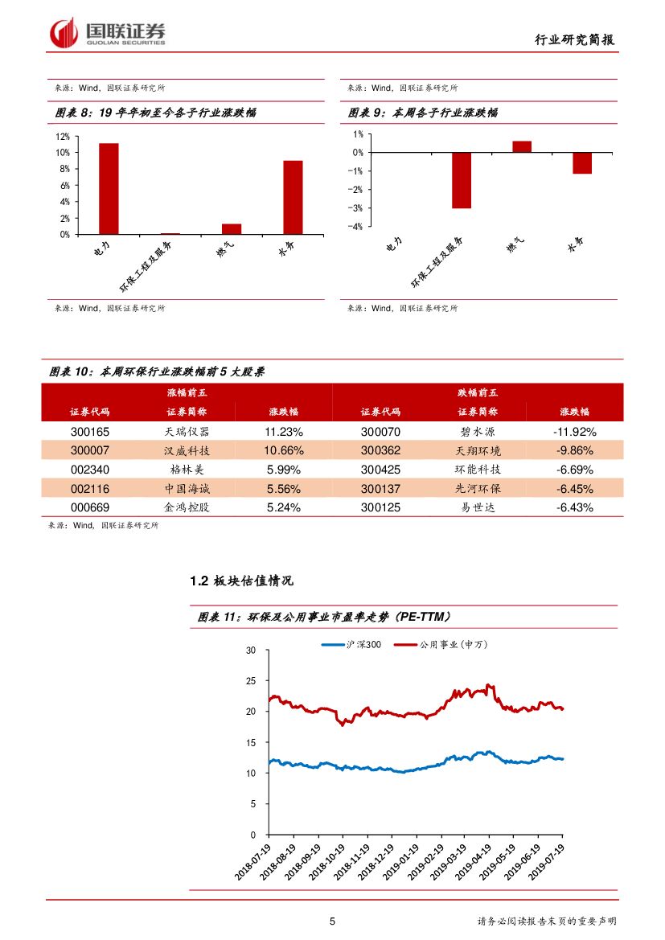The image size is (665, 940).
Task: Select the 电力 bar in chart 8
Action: [x=109, y=189]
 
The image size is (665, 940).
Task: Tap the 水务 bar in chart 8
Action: [x=293, y=197]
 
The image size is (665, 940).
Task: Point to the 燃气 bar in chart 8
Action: [x=232, y=229]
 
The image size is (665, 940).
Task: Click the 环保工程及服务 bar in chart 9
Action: [x=461, y=180]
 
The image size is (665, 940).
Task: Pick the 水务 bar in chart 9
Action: [x=582, y=163]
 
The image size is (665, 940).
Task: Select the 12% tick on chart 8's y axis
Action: [x=63, y=137]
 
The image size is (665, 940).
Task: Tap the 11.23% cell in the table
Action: [x=283, y=431]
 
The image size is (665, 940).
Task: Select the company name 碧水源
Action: [x=479, y=431]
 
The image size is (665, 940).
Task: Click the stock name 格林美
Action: [x=186, y=470]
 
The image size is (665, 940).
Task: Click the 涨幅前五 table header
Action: [x=186, y=392]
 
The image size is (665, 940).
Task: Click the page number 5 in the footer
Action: [x=332, y=922]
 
